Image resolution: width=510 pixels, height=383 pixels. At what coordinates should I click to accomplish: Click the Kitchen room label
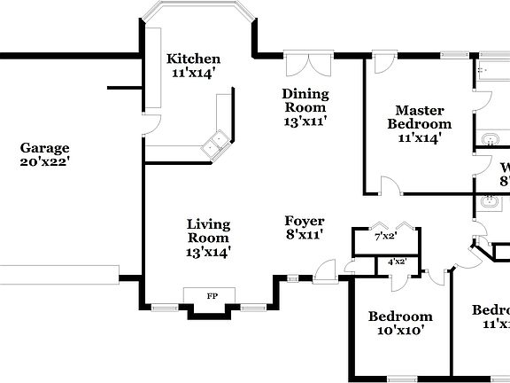[x=192, y=59]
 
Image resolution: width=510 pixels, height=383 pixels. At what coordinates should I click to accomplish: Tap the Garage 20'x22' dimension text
[x=44, y=162]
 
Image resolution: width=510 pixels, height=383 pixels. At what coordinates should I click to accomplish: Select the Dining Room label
[x=305, y=100]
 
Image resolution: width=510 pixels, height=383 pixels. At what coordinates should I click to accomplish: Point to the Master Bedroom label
[x=419, y=117]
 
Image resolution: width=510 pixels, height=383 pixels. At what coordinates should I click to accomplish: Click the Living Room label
[x=209, y=231]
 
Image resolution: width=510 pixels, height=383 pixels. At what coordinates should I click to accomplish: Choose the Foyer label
[x=304, y=221]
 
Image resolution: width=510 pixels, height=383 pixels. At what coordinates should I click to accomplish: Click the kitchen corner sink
[x=213, y=143]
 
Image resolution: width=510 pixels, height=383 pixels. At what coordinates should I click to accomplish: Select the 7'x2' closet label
[x=385, y=237]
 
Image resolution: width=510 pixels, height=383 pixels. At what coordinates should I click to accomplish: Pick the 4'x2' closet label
[x=397, y=262]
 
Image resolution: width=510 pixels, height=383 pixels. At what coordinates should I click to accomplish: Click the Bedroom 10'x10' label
[x=400, y=317]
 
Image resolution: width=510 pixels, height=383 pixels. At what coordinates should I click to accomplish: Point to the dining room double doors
[x=299, y=67]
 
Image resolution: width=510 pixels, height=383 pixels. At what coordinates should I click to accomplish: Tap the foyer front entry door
[x=327, y=270]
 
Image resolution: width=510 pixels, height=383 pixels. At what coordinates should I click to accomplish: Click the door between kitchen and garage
[x=150, y=124]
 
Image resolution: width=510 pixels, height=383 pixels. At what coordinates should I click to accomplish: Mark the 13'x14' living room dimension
[x=209, y=252]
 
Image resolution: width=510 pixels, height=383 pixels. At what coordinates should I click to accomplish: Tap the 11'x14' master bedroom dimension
[x=419, y=137]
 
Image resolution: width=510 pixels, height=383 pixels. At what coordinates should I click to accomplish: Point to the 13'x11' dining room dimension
[x=305, y=121]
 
